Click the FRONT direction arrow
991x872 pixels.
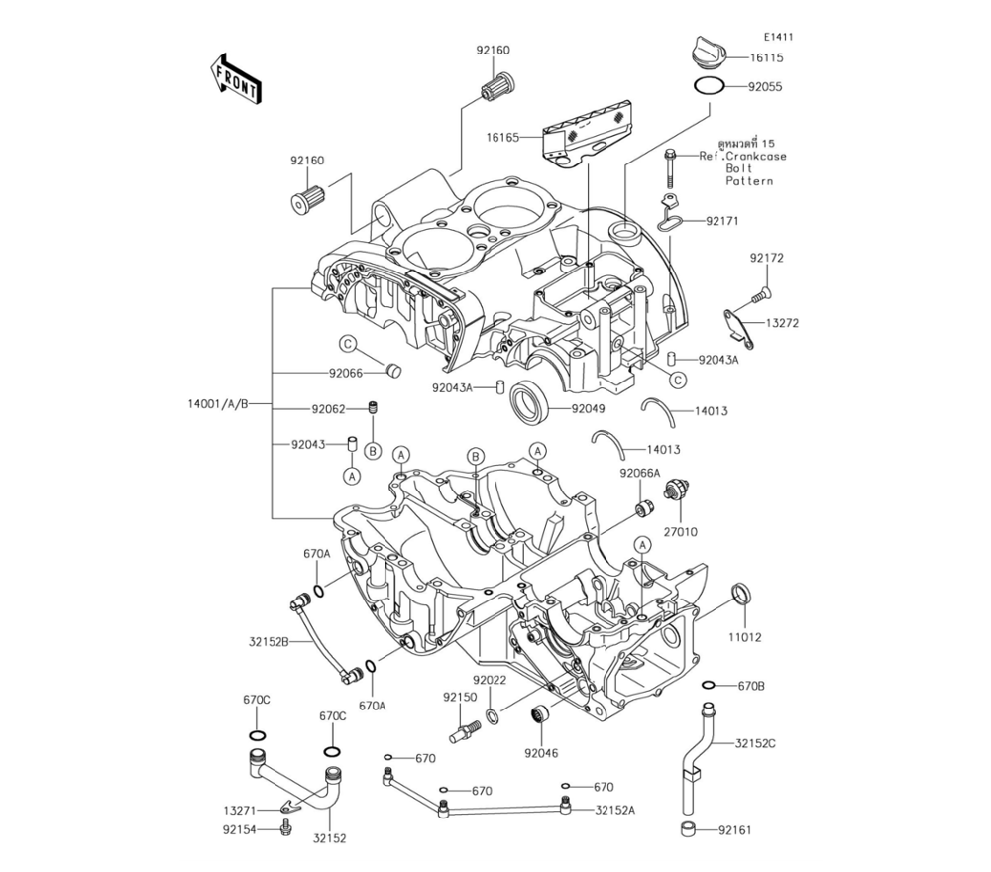point(235,78)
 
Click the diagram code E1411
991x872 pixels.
point(778,37)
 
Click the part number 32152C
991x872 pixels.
point(755,742)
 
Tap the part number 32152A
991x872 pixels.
point(615,810)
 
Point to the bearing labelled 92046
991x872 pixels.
point(542,714)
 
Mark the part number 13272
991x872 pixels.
point(782,323)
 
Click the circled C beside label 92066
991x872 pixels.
point(349,344)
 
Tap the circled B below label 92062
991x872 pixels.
point(374,451)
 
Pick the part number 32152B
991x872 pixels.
point(269,642)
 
